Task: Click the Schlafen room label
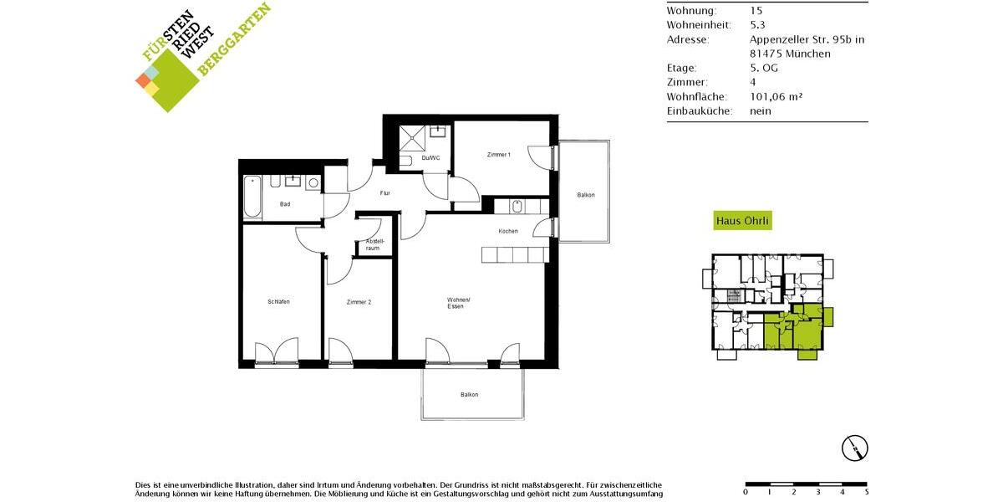[x=278, y=301]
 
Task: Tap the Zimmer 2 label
[x=359, y=301]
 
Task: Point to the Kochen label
[x=508, y=231]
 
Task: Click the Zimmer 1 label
[x=498, y=155]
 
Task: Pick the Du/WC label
[x=430, y=158]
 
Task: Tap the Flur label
[x=385, y=193]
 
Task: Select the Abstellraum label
[x=373, y=245]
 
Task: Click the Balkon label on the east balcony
[x=586, y=195]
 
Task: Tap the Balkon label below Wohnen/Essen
[x=470, y=395]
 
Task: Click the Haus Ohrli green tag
[x=743, y=221]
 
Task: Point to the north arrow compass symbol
[x=854, y=448]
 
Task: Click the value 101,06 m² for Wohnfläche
[x=776, y=96]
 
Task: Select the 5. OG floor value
[x=764, y=68]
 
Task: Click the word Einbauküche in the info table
[x=700, y=110]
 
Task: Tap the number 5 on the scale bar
[x=867, y=492]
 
